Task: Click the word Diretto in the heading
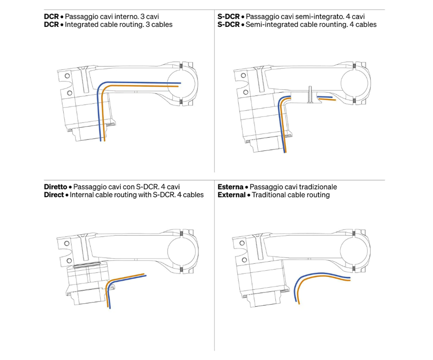[55, 187]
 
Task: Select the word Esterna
[230, 187]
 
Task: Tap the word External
[231, 195]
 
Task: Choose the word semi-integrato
[321, 16]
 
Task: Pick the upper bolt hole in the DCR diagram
[67, 76]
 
